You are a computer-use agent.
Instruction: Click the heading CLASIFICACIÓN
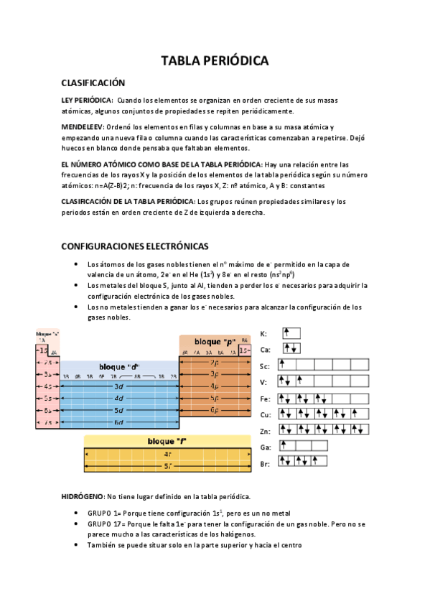[x=93, y=83]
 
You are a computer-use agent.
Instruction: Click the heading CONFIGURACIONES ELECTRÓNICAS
[x=135, y=246]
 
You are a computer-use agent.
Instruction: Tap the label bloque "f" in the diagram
[x=167, y=441]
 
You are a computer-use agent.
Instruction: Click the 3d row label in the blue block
[x=119, y=386]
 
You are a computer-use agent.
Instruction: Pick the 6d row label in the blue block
[x=119, y=422]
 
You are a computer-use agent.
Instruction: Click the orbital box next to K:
[x=291, y=333]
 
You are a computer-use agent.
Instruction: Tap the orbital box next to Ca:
[x=291, y=348]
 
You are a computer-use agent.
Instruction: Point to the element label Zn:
[x=265, y=432]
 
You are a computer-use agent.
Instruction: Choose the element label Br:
[x=264, y=464]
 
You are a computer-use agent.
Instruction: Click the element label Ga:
[x=265, y=447]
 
